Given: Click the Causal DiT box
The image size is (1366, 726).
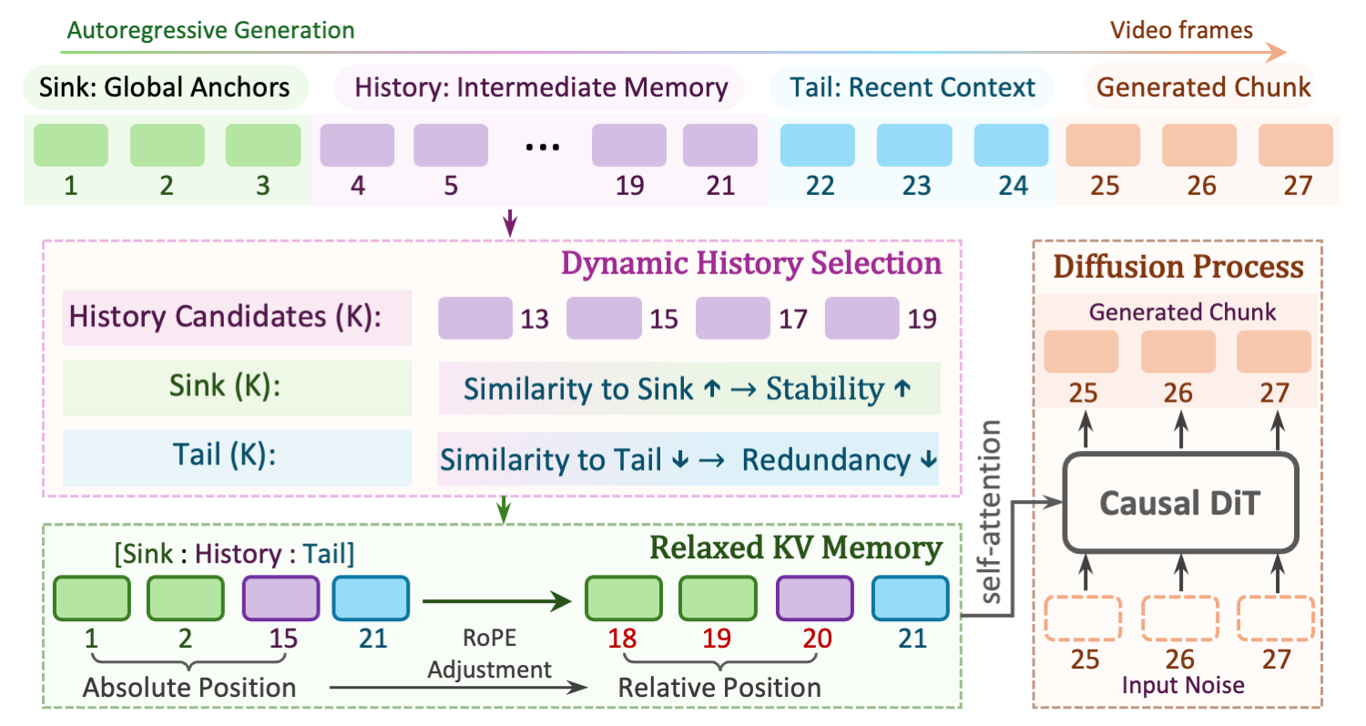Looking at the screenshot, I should tap(1180, 504).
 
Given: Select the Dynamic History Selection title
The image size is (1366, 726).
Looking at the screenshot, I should tap(751, 263).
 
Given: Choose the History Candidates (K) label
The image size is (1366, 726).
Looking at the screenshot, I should tap(237, 319).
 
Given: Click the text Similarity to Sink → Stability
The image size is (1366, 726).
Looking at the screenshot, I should tap(688, 389).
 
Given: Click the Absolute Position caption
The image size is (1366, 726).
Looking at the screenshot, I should tap(189, 687).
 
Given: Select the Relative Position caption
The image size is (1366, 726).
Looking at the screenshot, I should tap(719, 687).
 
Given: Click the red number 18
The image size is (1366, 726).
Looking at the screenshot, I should tap(623, 638).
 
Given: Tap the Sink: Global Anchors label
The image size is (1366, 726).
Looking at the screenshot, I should tap(165, 87).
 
